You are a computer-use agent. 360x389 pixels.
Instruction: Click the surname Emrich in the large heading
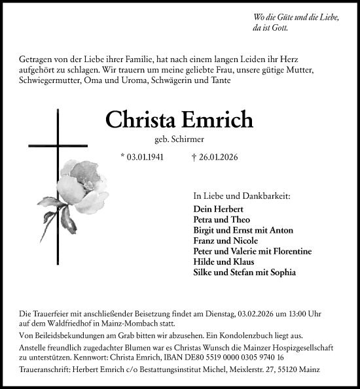coord(219,120)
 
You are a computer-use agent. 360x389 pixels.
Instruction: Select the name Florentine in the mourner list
coord(289,251)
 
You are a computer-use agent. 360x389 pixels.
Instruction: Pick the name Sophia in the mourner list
coord(283,272)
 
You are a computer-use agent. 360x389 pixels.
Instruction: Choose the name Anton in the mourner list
coord(281,230)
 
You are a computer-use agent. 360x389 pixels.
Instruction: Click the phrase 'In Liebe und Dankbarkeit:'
coord(242,195)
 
